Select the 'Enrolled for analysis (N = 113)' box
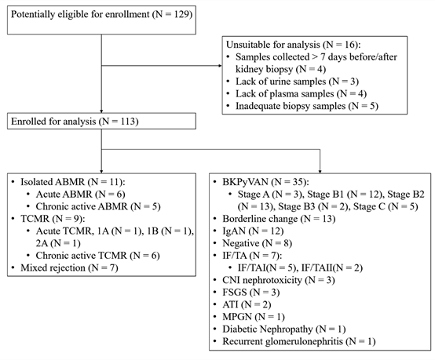(101, 121)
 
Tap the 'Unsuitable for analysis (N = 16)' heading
(293, 45)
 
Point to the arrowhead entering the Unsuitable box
(221, 66)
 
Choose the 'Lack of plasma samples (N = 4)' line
(301, 93)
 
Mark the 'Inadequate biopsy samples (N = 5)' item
(307, 106)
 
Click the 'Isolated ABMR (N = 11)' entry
(73, 182)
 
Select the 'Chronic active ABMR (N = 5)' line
(98, 206)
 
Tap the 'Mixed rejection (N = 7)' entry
(69, 267)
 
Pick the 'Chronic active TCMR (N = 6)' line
(97, 255)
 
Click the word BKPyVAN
(245, 182)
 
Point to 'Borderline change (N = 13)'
(279, 219)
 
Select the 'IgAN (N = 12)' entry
(253, 231)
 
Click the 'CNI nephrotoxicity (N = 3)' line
(279, 280)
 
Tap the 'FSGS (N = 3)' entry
(251, 292)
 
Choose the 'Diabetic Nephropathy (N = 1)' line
(284, 329)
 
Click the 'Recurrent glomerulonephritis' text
(283, 341)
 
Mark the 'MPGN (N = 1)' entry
(254, 317)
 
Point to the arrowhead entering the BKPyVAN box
(320, 172)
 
